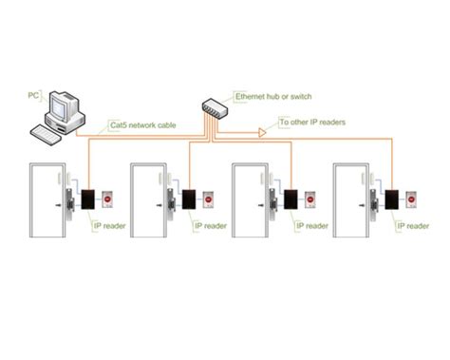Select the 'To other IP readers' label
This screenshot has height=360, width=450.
pos(311,122)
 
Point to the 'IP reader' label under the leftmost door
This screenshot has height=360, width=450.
pos(108,226)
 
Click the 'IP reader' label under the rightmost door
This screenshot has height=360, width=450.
pos(412,226)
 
